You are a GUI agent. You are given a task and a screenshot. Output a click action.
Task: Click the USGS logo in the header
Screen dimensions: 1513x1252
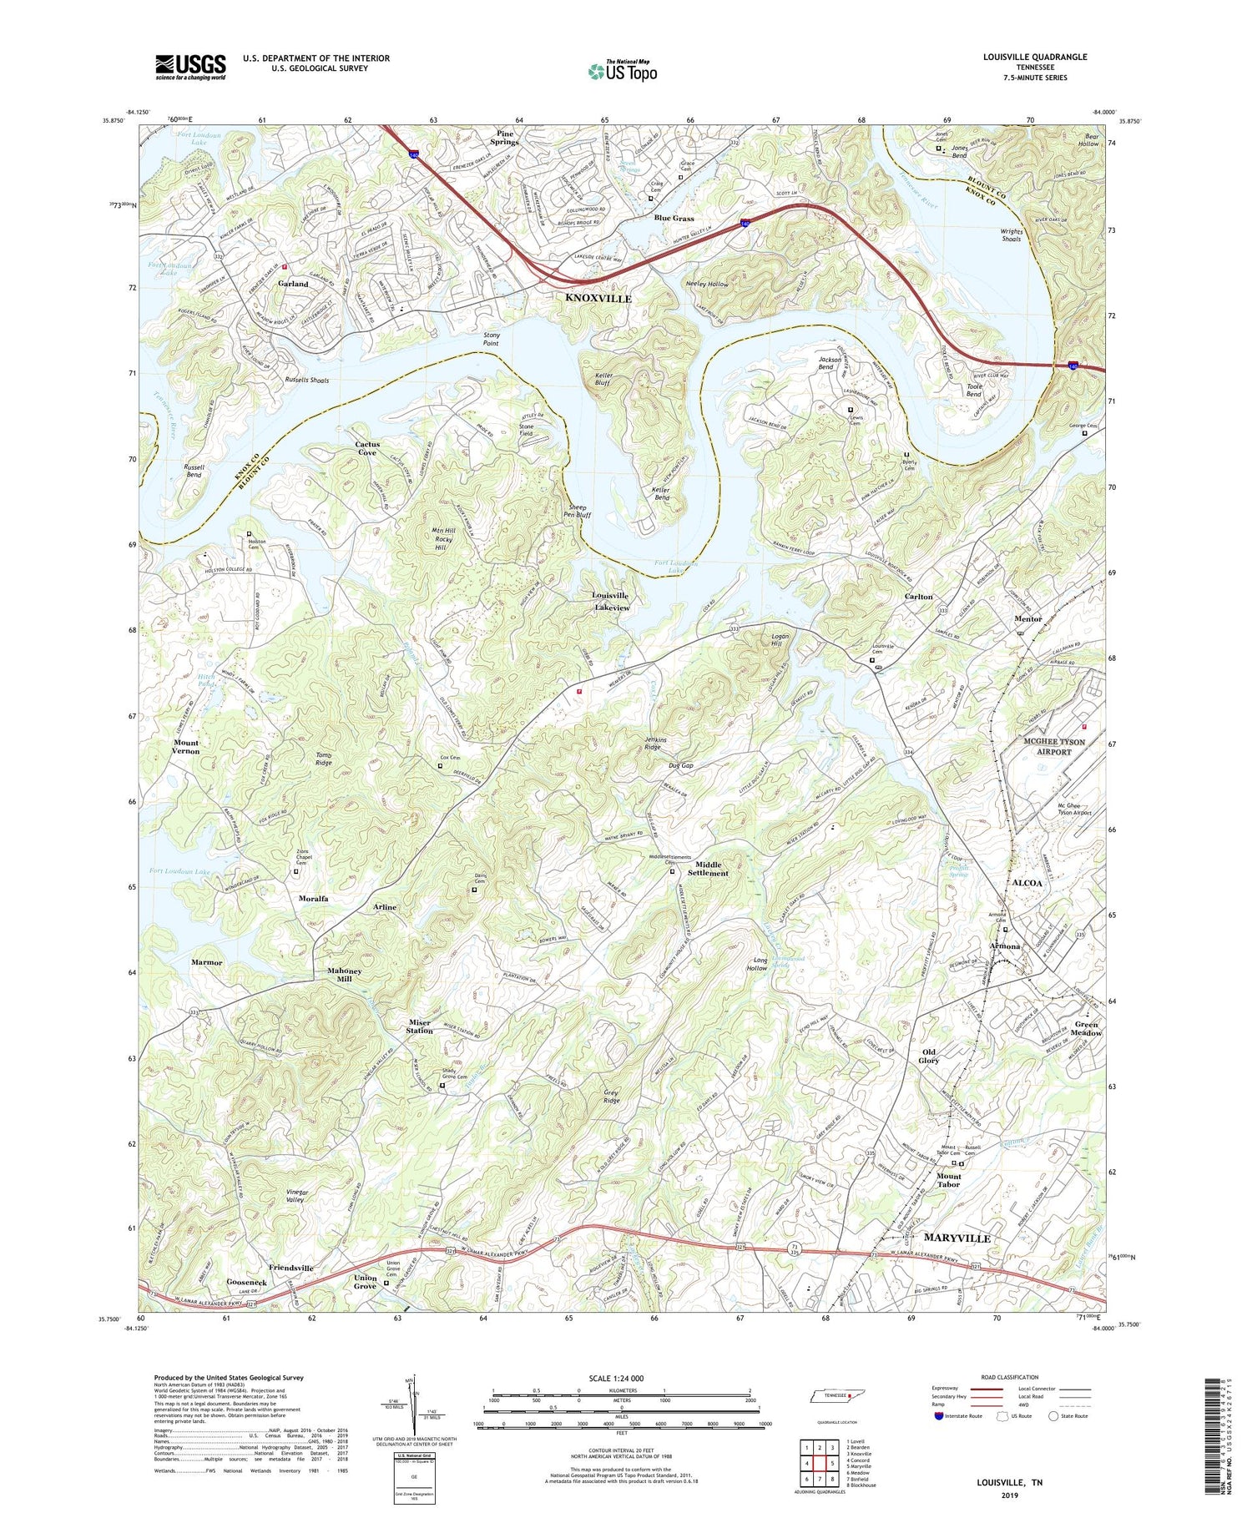click(x=190, y=67)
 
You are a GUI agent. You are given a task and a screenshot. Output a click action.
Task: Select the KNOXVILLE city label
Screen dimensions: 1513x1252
click(x=598, y=298)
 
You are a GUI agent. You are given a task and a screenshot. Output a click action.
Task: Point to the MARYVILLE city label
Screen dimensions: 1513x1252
click(x=956, y=1238)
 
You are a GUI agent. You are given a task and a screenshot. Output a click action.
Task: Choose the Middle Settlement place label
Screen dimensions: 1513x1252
click(x=707, y=869)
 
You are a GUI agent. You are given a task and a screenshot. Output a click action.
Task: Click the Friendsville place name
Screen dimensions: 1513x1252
click(x=285, y=1268)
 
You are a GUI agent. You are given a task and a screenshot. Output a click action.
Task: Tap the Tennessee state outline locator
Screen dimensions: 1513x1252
click(x=830, y=1395)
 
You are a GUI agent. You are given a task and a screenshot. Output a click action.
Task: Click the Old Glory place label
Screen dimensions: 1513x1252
click(x=929, y=1056)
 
